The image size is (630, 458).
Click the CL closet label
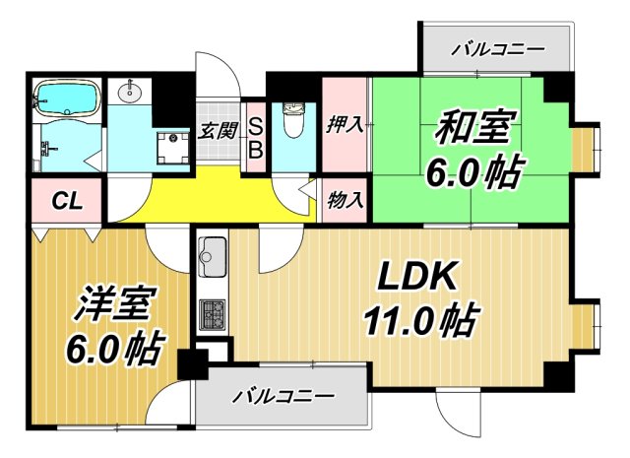(66, 204)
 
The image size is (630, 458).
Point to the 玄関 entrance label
(217, 129)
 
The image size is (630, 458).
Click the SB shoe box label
(253, 137)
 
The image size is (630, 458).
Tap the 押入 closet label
(346, 125)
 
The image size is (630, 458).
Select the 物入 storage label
(346, 199)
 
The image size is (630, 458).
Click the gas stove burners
(212, 314)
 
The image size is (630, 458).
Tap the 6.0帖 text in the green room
(473, 174)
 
